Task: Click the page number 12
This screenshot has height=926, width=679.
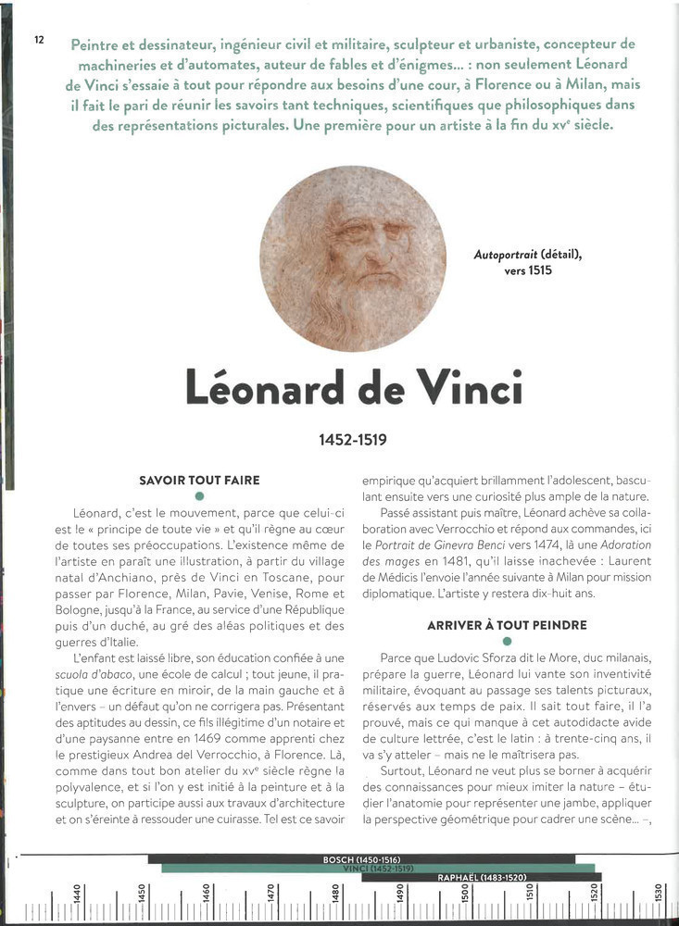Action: pyautogui.click(x=40, y=39)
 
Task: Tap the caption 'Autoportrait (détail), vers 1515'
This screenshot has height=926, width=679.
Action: pyautogui.click(x=528, y=261)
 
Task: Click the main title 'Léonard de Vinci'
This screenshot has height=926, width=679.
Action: pyautogui.click(x=354, y=387)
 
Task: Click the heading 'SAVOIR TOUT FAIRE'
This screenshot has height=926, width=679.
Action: pyautogui.click(x=199, y=481)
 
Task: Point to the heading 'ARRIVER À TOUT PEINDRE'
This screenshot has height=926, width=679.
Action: pyautogui.click(x=507, y=625)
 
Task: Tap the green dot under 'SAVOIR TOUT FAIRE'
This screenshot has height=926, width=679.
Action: pyautogui.click(x=199, y=497)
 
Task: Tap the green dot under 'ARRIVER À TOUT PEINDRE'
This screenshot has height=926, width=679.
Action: pyautogui.click(x=507, y=641)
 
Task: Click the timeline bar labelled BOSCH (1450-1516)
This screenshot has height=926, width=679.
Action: pyautogui.click(x=360, y=859)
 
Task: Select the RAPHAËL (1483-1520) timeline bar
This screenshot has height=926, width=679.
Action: pyautogui.click(x=481, y=876)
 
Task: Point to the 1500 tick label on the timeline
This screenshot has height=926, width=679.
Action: pyautogui.click(x=465, y=895)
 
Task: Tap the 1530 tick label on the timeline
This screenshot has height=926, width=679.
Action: pyautogui.click(x=659, y=895)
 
